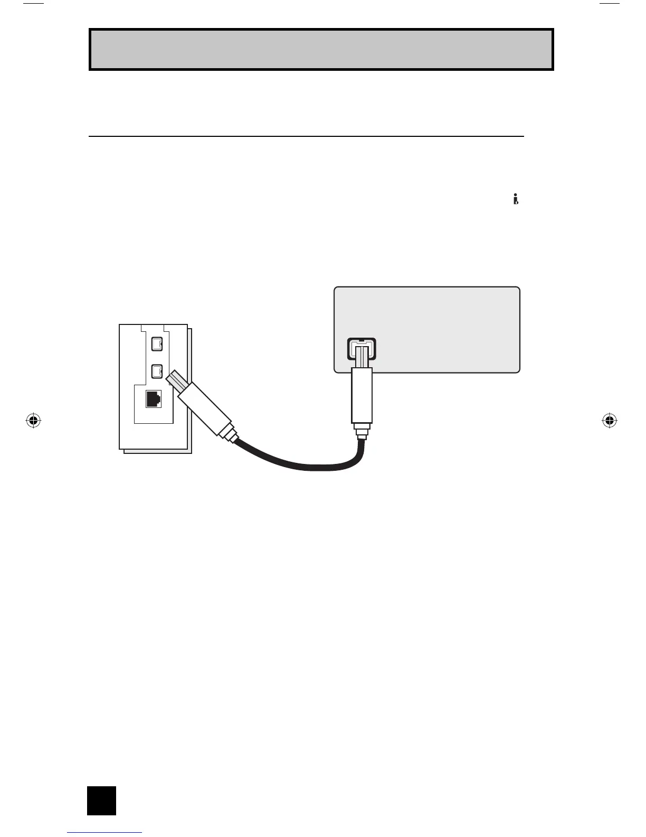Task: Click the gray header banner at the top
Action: point(321,49)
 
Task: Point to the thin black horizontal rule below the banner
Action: point(306,136)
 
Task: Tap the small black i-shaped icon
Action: point(516,199)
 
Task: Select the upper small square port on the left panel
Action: point(156,344)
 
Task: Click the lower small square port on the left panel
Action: point(156,371)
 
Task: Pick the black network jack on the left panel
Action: point(154,399)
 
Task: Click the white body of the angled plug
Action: point(205,408)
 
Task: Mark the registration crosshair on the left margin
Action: point(33,421)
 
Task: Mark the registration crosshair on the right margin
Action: point(609,421)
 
